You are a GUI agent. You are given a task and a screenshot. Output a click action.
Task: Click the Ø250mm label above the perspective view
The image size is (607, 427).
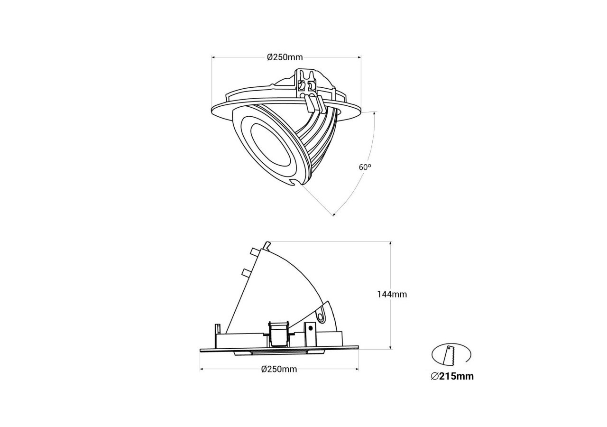pyautogui.click(x=285, y=57)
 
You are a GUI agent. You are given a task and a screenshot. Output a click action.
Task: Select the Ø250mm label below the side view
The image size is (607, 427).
pyautogui.click(x=279, y=369)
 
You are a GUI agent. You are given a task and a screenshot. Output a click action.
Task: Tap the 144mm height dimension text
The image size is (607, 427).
pyautogui.click(x=392, y=294)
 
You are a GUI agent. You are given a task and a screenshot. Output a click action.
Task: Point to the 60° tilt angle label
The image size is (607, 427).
pyautogui.click(x=365, y=167)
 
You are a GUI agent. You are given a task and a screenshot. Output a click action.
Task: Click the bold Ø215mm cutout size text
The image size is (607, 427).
pyautogui.click(x=452, y=377)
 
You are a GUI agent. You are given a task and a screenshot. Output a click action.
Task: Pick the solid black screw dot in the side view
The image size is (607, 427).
pyautogui.click(x=311, y=327)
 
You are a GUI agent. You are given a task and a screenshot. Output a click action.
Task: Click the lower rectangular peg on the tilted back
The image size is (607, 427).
pyautogui.click(x=246, y=272)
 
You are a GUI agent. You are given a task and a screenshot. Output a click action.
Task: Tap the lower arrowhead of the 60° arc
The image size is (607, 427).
pyautogui.click(x=334, y=214)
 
